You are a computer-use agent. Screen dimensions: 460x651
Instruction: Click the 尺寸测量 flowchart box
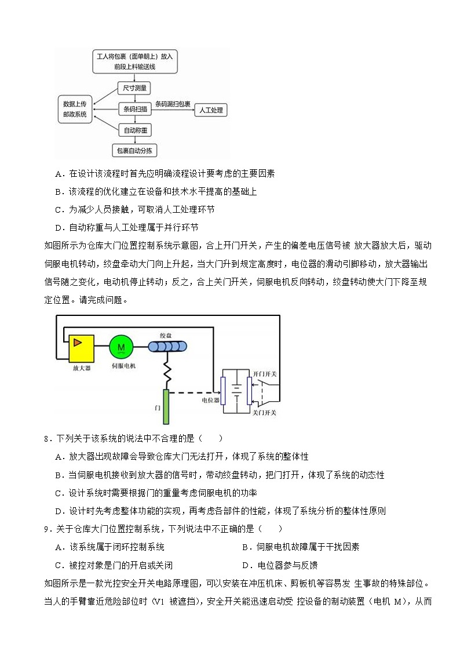[134, 89]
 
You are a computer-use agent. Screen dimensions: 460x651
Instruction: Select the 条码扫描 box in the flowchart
[134, 108]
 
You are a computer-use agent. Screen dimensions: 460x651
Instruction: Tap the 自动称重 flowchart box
[134, 130]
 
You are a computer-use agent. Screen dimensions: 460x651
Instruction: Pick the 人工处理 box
[210, 110]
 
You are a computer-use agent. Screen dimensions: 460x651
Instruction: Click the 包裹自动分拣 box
[135, 151]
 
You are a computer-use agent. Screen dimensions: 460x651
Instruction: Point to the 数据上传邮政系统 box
[75, 109]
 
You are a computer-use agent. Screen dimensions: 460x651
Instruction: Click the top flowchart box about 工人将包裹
[134, 61]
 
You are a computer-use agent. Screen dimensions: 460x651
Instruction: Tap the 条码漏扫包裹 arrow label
[173, 104]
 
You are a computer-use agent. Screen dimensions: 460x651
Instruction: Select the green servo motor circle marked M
[121, 347]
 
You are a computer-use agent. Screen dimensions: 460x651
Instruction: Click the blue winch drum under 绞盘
[167, 347]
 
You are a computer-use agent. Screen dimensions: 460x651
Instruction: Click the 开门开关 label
[265, 374]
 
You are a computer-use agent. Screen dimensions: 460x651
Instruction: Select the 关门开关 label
[265, 413]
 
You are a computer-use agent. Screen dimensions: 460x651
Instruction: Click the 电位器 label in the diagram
[210, 400]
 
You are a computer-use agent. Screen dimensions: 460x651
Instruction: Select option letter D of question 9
[246, 565]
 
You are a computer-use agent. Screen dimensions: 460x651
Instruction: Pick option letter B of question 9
[246, 547]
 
